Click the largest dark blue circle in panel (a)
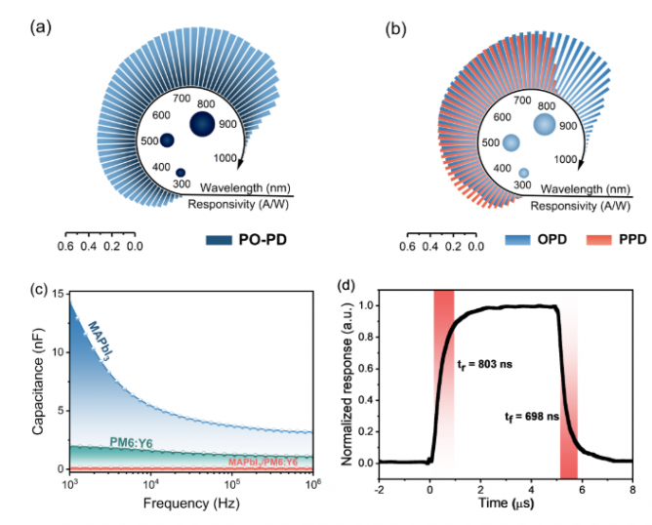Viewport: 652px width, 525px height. (202, 124)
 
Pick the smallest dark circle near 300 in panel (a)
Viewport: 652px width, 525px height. (181, 173)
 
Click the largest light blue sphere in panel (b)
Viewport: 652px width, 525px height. (545, 124)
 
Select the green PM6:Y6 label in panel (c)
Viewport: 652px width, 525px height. (129, 443)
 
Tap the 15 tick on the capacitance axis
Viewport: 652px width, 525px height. (57, 294)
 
